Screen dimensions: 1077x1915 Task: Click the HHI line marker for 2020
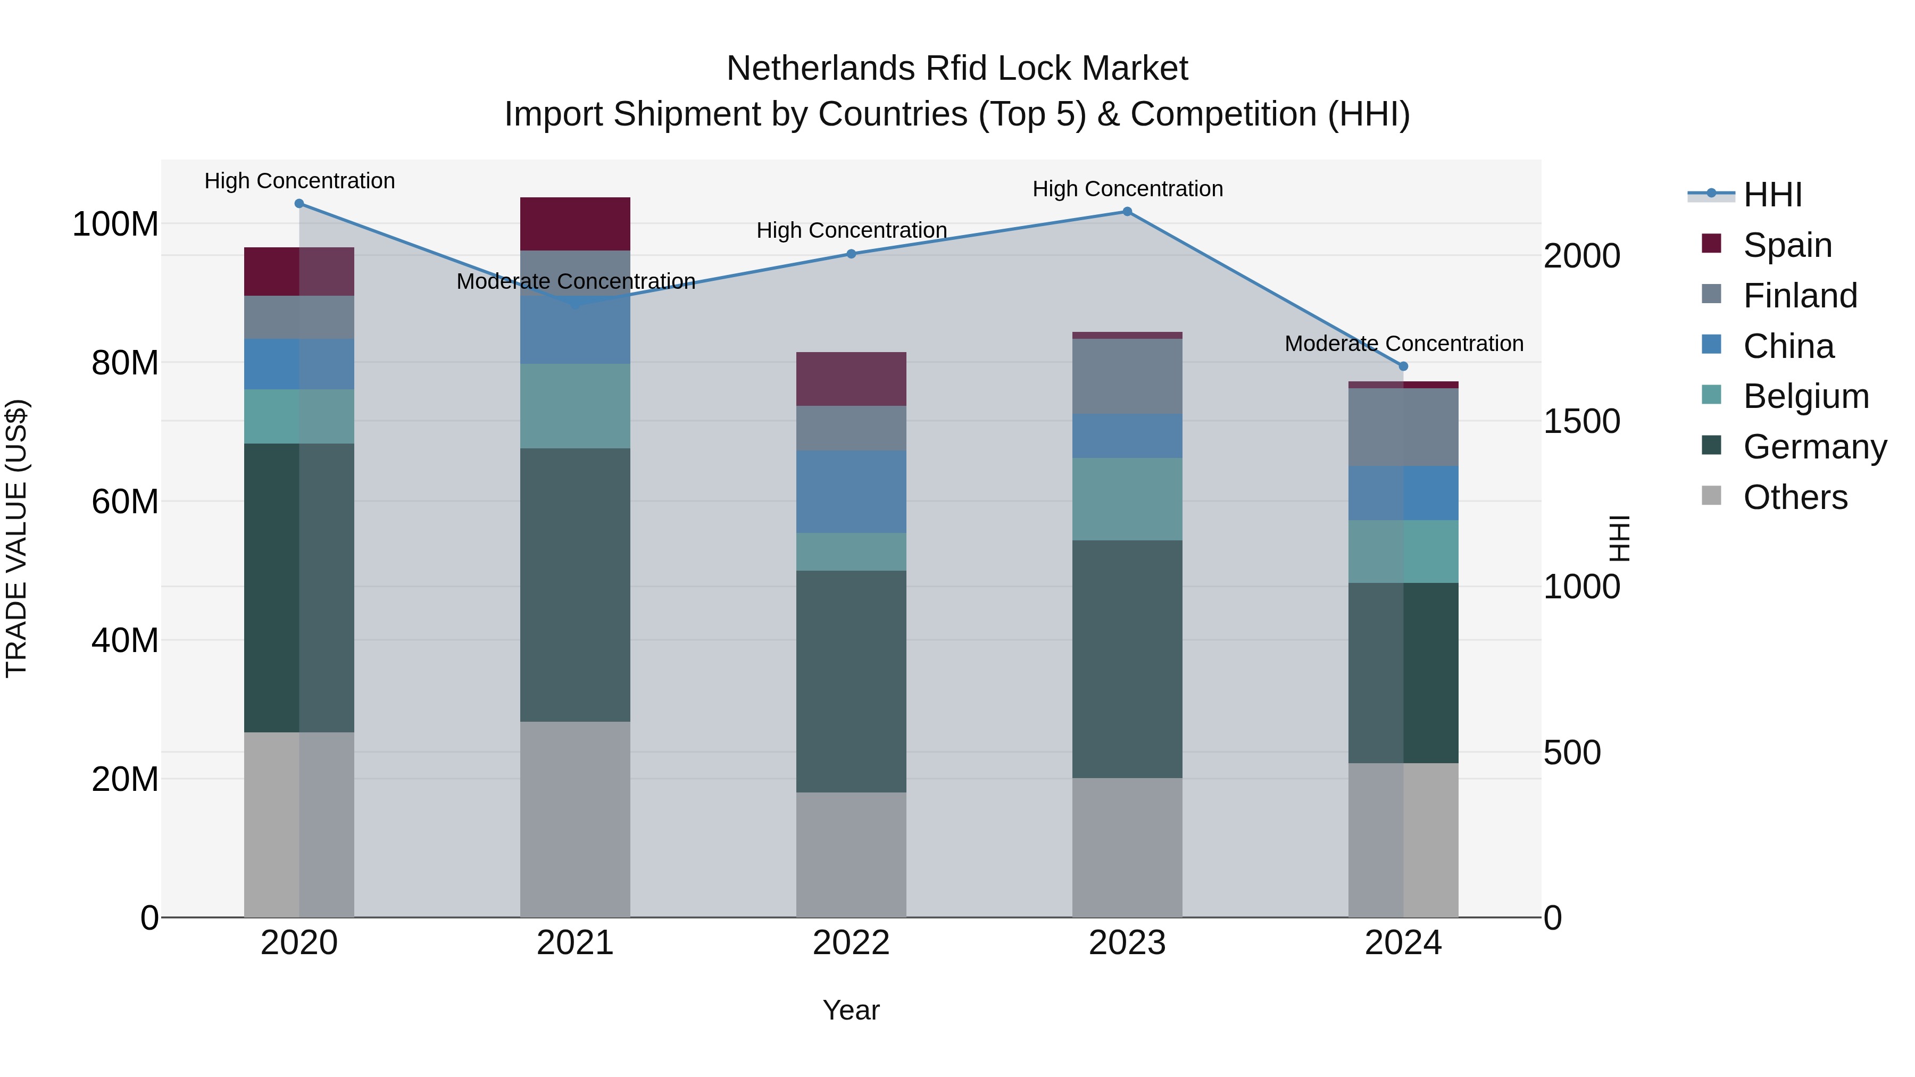click(x=299, y=203)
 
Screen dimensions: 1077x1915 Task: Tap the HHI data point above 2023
click(x=1127, y=212)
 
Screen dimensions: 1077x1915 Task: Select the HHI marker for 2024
click(x=1403, y=366)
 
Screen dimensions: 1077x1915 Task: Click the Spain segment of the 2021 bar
click(x=574, y=224)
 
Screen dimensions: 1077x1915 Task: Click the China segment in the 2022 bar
click(x=851, y=491)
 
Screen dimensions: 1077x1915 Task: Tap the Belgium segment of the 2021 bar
click(x=574, y=406)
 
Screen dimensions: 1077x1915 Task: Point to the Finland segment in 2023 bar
click(x=1127, y=376)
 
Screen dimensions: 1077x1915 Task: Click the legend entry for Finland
click(x=1800, y=296)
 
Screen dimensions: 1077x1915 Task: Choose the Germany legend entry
click(x=1814, y=447)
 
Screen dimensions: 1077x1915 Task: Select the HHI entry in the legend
click(x=1772, y=195)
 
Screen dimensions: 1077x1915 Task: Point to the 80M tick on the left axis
click(x=125, y=363)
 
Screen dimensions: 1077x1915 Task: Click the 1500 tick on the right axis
click(x=1582, y=421)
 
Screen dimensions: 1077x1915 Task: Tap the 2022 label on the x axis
click(x=851, y=943)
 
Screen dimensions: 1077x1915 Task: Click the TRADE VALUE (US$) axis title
click(x=16, y=538)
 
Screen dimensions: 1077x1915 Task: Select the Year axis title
click(x=851, y=1010)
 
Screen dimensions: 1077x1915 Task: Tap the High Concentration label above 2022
click(x=851, y=230)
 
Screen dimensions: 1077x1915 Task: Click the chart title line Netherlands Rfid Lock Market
click(x=957, y=69)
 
